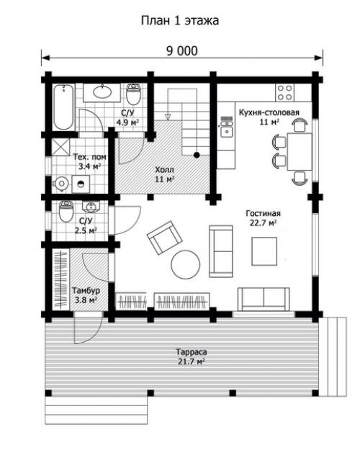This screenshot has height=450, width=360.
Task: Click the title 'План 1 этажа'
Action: (180, 20)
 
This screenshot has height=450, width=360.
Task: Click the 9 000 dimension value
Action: (182, 51)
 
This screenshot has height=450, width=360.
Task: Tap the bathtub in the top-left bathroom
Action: (63, 107)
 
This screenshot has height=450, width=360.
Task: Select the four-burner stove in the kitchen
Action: (284, 92)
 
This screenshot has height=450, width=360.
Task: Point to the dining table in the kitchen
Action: (300, 151)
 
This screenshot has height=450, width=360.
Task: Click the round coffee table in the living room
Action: (186, 265)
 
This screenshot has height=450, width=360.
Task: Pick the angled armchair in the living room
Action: (164, 237)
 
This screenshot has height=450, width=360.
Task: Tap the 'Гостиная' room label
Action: (263, 214)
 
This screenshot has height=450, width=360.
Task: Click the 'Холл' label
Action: (164, 170)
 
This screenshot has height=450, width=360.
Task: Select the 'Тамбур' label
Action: (86, 290)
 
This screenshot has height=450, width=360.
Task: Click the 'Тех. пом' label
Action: (89, 157)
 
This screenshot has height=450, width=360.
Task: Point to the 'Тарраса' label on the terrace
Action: (192, 352)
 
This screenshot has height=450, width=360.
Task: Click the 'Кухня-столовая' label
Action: (269, 112)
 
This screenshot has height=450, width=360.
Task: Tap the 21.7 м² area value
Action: (192, 361)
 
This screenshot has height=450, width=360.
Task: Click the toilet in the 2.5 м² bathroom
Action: (66, 212)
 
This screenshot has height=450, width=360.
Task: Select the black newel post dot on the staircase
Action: (197, 155)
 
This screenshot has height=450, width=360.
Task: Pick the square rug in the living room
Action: (264, 251)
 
